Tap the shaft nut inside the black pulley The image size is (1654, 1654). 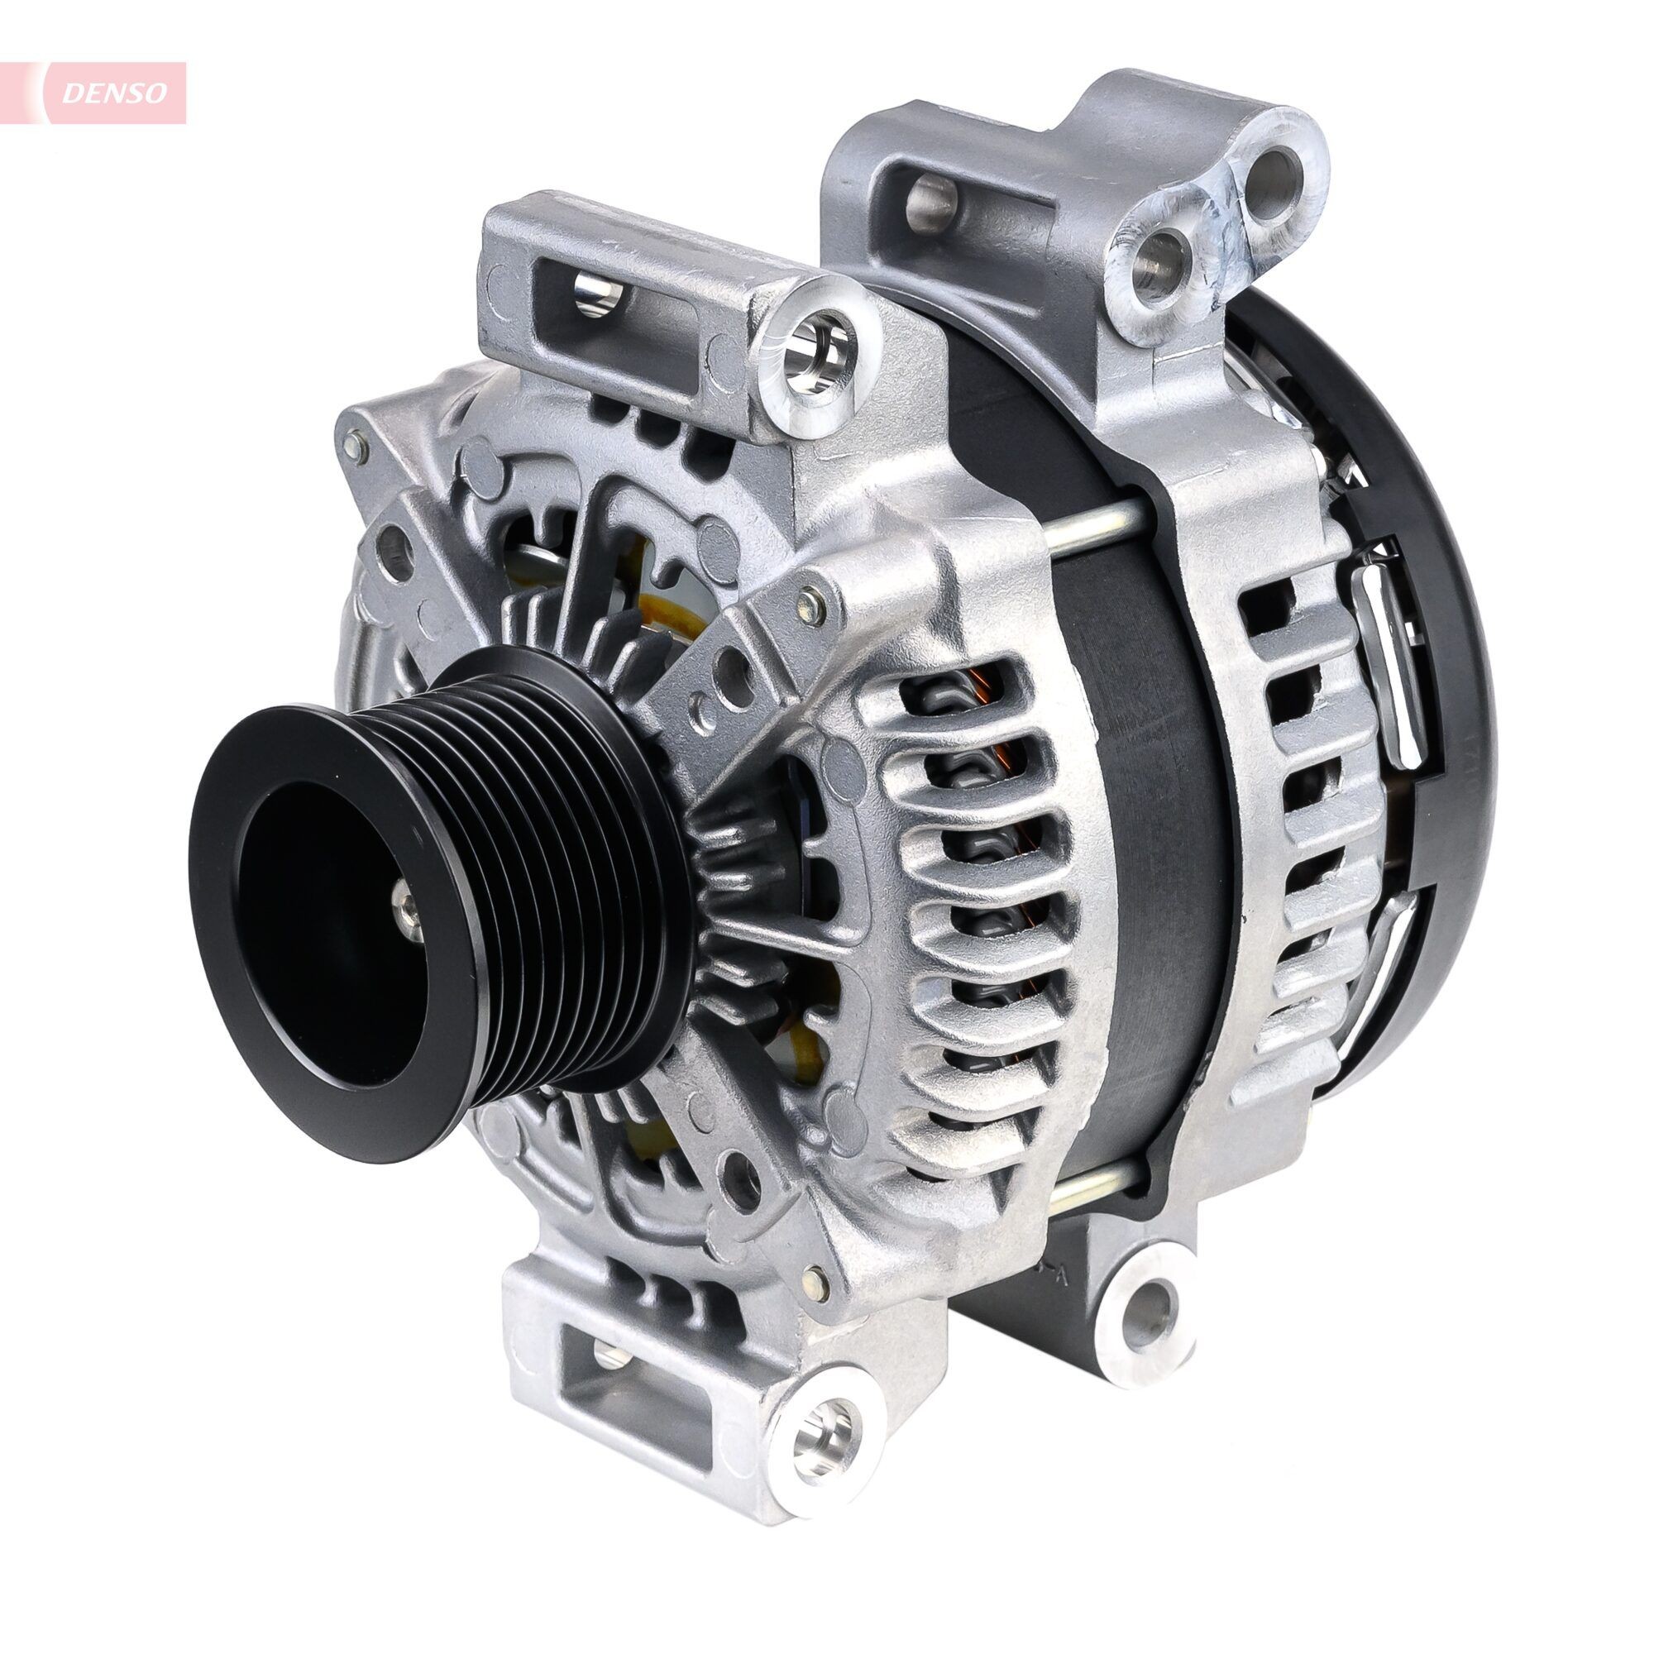(x=405, y=901)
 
